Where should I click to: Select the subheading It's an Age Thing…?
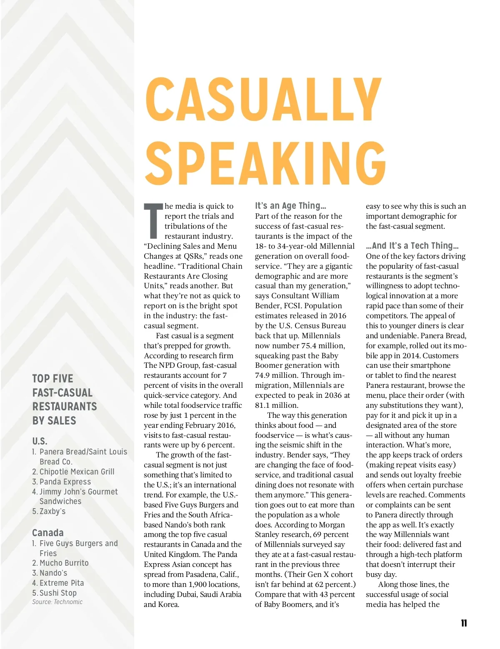click(x=290, y=206)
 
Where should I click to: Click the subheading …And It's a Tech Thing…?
click(x=412, y=246)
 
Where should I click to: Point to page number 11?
click(x=464, y=623)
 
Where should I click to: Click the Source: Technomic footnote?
click(x=57, y=602)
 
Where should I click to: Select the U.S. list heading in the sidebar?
click(x=40, y=441)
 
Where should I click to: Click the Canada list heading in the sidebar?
click(x=48, y=533)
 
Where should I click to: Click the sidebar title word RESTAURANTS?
click(x=65, y=407)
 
